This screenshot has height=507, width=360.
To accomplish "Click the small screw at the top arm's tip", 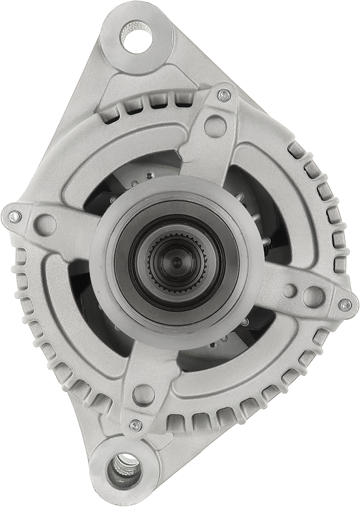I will (x=224, y=95).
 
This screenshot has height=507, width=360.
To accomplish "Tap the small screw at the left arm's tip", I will (x=15, y=217).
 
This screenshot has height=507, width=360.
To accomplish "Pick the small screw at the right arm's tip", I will (x=345, y=305).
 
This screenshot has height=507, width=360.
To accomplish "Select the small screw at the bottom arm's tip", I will (x=135, y=425).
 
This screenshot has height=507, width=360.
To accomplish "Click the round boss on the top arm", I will (x=215, y=126).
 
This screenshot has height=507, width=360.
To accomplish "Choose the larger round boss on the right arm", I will (x=313, y=296).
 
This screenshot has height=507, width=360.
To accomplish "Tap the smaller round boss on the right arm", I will (x=289, y=290).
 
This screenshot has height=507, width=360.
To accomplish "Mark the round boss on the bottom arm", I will (x=144, y=394).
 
